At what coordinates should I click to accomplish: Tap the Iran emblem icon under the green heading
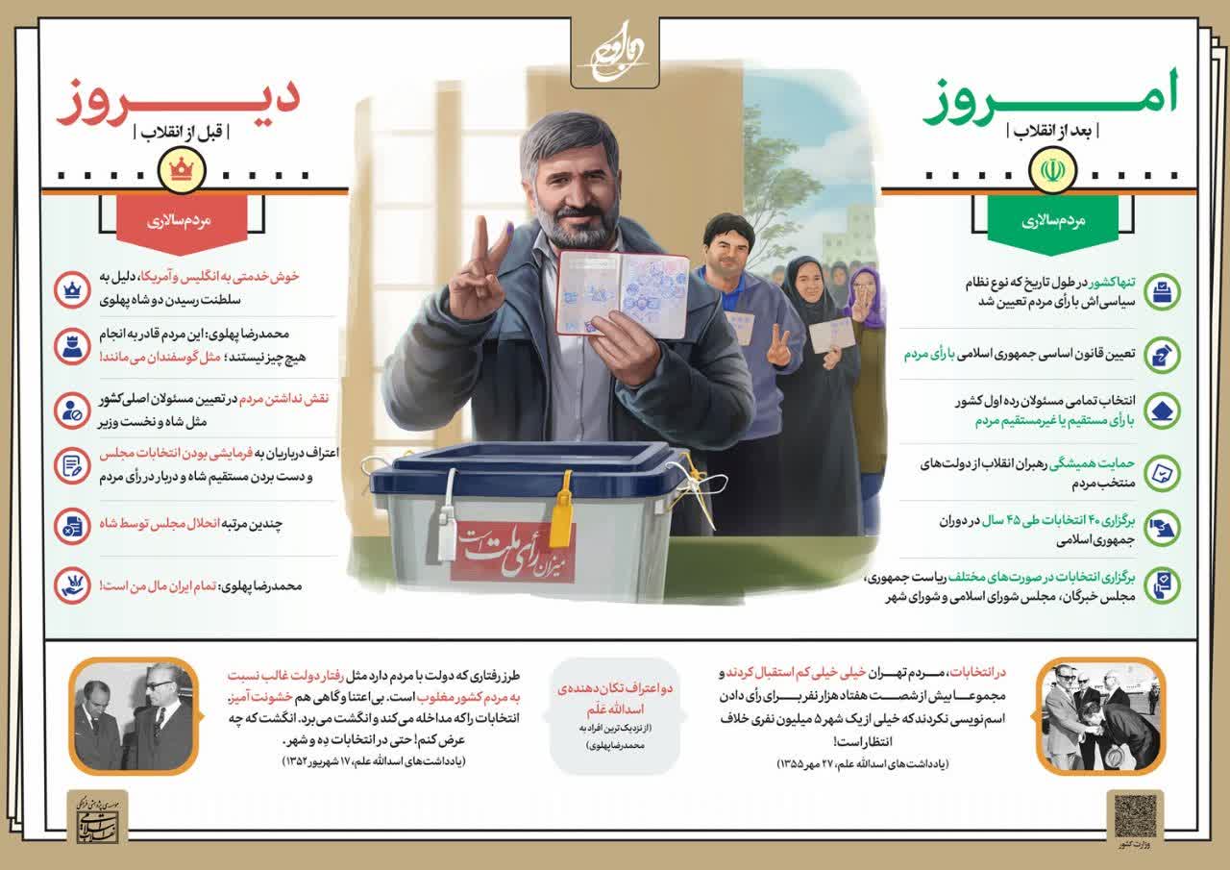pos(1048,171)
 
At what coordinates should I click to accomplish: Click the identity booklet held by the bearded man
pos(622,294)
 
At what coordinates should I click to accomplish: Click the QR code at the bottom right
pos(1134,815)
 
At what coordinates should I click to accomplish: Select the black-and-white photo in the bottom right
pos(1102,714)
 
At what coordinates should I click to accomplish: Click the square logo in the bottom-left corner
pos(96,817)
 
